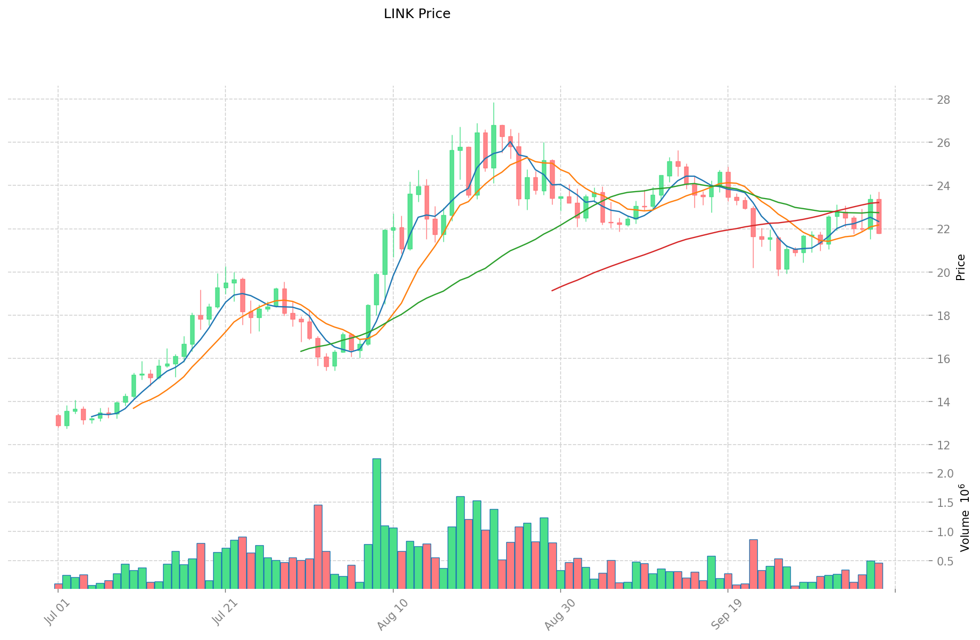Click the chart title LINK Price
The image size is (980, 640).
tap(417, 14)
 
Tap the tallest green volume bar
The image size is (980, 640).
tap(376, 523)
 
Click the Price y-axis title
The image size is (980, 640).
tap(961, 267)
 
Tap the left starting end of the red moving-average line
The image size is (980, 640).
tap(553, 290)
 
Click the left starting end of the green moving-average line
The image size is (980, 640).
tap(302, 351)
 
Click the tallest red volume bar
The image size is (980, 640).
tap(318, 546)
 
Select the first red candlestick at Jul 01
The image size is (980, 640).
tap(58, 420)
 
